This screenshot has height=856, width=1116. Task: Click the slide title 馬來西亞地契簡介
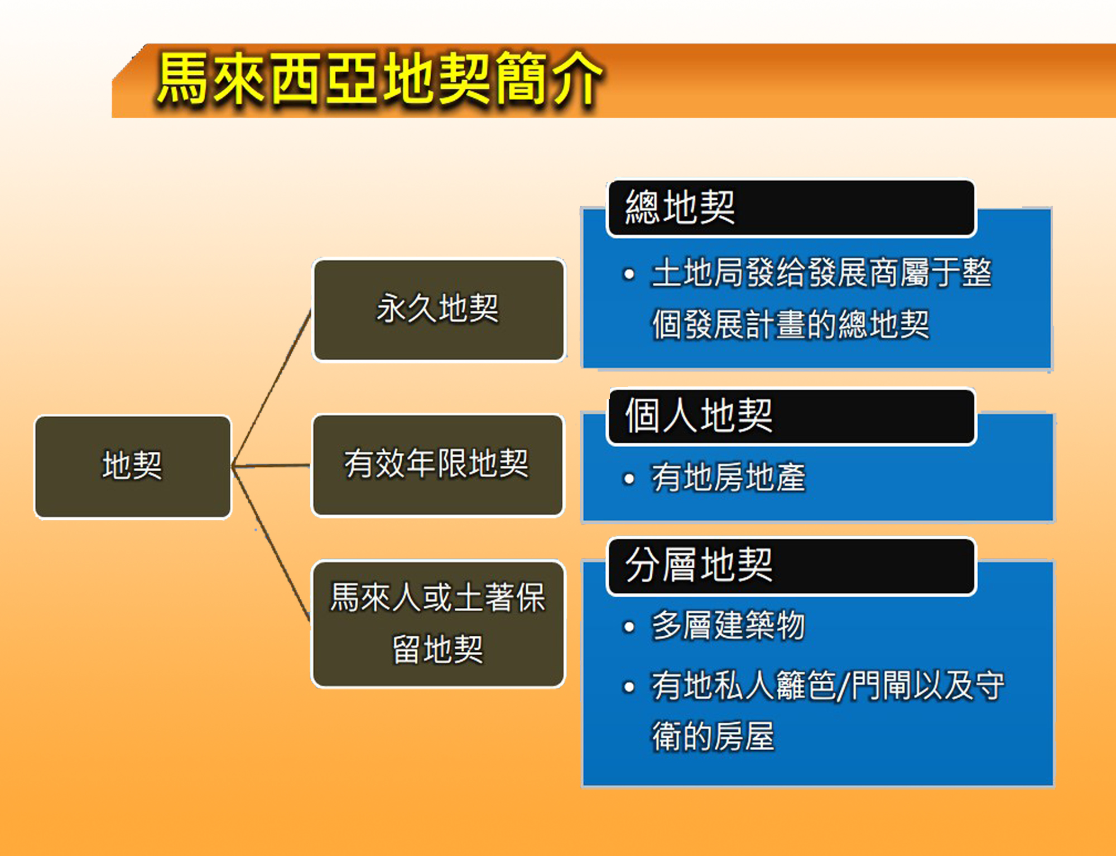pos(379,78)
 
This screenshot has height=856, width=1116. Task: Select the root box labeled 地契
pos(133,467)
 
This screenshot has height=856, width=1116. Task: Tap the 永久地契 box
pos(439,310)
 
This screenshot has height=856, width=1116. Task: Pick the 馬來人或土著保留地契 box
pos(438,624)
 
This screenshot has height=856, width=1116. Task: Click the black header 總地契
pos(791,207)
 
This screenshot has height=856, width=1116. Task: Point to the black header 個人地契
pos(791,416)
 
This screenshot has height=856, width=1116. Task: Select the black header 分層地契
pos(791,566)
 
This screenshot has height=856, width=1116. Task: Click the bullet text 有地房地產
pos(729,478)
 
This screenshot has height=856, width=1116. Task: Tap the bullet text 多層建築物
pos(728,626)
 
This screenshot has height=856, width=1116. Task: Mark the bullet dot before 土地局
pos(629,274)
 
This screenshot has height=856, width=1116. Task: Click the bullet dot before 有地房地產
pos(629,478)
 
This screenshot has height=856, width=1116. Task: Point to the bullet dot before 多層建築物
pos(629,627)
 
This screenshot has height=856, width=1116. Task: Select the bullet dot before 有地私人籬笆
pos(629,687)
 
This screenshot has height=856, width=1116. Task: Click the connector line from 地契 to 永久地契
pos(272,388)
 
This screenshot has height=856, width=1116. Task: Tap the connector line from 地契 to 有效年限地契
pos(272,466)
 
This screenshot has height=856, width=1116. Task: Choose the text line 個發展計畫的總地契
pos(791,325)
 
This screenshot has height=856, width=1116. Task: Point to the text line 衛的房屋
pos(713,737)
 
